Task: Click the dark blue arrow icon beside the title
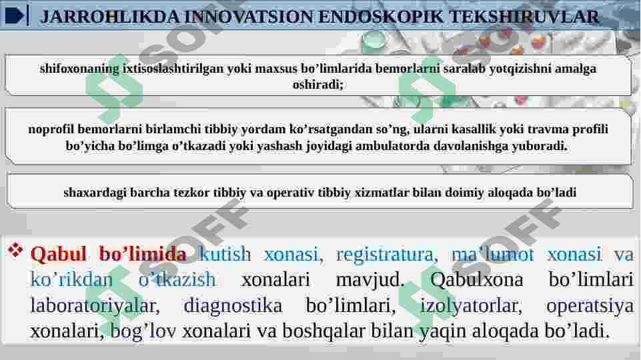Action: pos(15,16)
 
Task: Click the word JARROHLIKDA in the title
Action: pos(110,17)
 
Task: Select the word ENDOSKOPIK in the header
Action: pos(381,17)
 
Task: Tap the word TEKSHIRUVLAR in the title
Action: pos(524,17)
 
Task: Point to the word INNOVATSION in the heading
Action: pos(249,17)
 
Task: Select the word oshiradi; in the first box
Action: pos(318,85)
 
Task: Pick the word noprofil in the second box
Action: pos(51,129)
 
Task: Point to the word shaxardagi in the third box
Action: pos(95,193)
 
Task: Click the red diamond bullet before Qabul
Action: pos(15,250)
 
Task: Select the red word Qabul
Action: pos(58,254)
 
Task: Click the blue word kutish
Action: pos(225,254)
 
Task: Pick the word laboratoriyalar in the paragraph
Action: pos(95,306)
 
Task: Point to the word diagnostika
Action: pos(233,306)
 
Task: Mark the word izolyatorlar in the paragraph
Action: pos(472,306)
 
